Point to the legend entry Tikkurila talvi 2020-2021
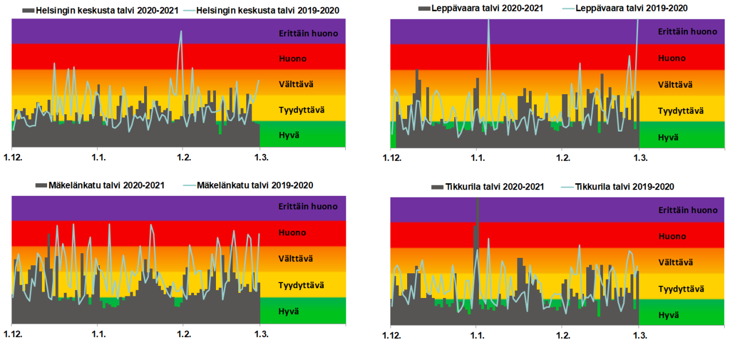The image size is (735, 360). click(493, 187)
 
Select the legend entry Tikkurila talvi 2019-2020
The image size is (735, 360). click(624, 187)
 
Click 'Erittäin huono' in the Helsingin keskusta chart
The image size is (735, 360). click(308, 33)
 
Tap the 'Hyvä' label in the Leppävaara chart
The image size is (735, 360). click(668, 137)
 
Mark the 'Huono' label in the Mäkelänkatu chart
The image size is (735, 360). click(292, 233)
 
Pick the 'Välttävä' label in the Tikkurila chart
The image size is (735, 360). click(675, 262)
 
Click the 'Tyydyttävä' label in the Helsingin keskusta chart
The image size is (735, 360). click(302, 110)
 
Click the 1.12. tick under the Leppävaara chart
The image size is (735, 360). click(392, 158)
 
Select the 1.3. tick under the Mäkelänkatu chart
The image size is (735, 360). click(260, 333)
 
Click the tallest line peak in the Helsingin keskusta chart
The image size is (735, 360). click(181, 32)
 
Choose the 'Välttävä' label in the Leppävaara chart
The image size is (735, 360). click(675, 84)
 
